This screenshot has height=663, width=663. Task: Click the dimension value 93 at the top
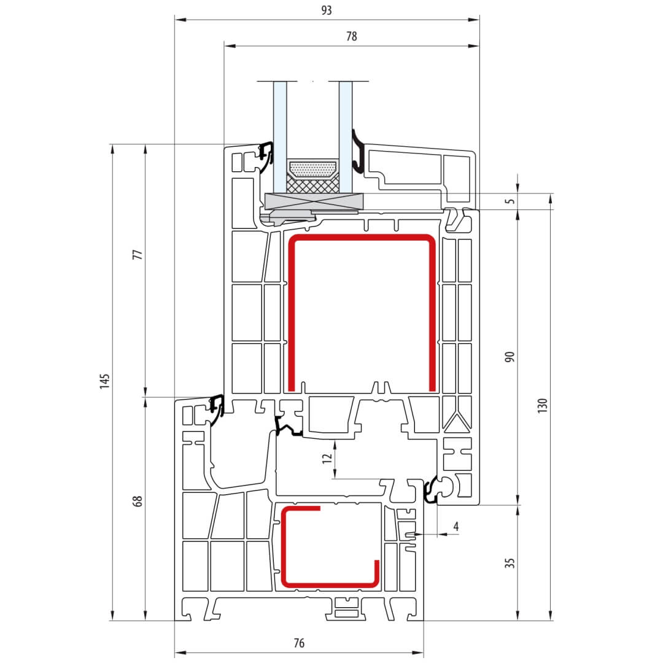pyautogui.click(x=326, y=10)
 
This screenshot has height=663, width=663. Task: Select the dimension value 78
pyautogui.click(x=351, y=36)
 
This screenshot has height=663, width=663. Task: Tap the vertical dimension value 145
pyautogui.click(x=104, y=381)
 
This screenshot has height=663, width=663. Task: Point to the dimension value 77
pyautogui.click(x=138, y=255)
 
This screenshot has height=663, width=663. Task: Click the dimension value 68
pyautogui.click(x=138, y=501)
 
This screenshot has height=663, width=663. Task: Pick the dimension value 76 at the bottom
pyautogui.click(x=299, y=643)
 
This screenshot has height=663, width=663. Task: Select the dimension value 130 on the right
pyautogui.click(x=543, y=406)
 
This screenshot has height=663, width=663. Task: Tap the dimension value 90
pyautogui.click(x=510, y=357)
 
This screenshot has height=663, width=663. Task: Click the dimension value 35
pyautogui.click(x=510, y=563)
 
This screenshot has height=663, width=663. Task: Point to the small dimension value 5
pyautogui.click(x=511, y=201)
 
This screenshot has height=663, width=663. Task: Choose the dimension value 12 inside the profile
pyautogui.click(x=327, y=459)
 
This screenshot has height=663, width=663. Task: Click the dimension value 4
pyautogui.click(x=456, y=527)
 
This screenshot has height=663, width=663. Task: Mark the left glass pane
pyautogui.click(x=280, y=137)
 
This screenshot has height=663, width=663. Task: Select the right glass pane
pyautogui.click(x=346, y=137)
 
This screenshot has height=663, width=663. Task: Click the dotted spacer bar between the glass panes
pyautogui.click(x=313, y=168)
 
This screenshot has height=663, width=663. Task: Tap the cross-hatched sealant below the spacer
pyautogui.click(x=313, y=185)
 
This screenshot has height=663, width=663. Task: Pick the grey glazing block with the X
pyautogui.click(x=314, y=201)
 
